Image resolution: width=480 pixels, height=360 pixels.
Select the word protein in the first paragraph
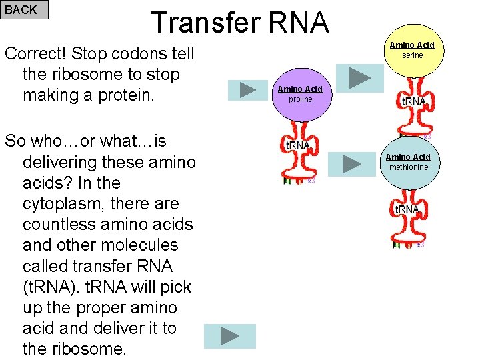(x=133, y=95)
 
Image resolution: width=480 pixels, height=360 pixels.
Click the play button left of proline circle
(x=249, y=89)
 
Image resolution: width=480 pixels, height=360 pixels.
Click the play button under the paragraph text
(x=229, y=336)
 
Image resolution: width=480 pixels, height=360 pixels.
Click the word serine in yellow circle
(x=412, y=55)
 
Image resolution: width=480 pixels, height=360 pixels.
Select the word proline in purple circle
(x=300, y=99)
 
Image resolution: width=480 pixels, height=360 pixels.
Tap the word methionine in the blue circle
(x=409, y=167)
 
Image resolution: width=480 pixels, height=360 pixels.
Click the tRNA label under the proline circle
(x=297, y=145)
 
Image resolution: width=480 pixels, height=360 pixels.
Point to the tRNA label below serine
(x=413, y=101)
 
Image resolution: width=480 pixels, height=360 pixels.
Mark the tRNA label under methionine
(x=407, y=209)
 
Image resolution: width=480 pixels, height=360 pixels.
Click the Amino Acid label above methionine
(x=409, y=157)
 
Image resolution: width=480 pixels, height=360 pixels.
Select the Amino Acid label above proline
(x=300, y=89)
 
